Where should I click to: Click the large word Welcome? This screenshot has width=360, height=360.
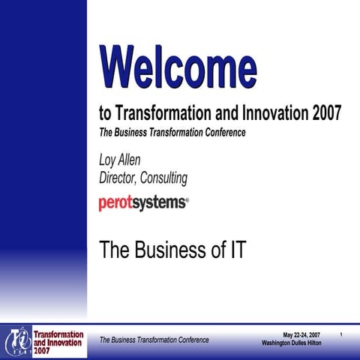click(x=178, y=66)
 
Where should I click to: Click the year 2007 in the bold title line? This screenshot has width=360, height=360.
click(x=325, y=114)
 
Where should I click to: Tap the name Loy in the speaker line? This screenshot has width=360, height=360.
click(x=109, y=160)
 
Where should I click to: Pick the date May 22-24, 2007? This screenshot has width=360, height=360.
click(x=301, y=334)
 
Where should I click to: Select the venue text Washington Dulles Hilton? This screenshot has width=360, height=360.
click(x=292, y=343)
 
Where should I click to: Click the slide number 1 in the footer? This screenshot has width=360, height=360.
click(x=341, y=334)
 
